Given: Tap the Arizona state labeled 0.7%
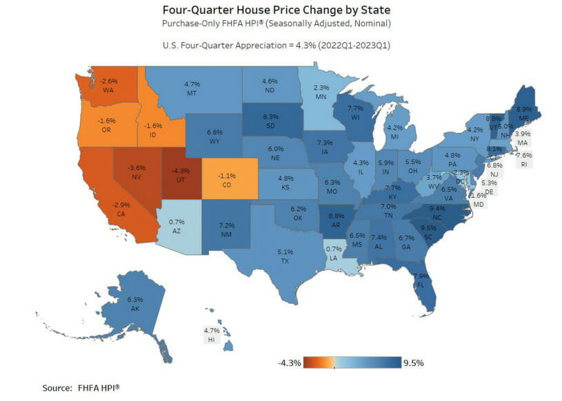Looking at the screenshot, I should click(x=177, y=225).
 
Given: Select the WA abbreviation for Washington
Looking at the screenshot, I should click(x=109, y=90).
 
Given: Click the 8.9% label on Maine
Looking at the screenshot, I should click(x=523, y=108).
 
